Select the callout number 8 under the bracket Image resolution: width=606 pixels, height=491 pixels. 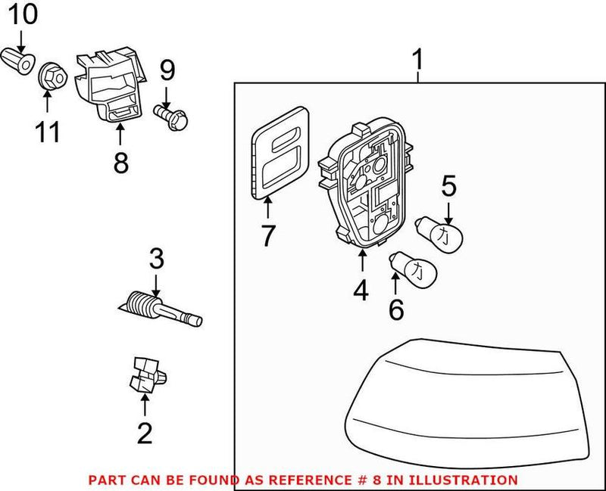click(x=120, y=162)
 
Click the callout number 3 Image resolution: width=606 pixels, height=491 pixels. click(x=156, y=259)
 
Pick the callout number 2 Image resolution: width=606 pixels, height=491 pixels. click(x=144, y=433)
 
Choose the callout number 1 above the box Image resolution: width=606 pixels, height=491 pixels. click(x=418, y=58)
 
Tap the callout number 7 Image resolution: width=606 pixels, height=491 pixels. click(x=267, y=235)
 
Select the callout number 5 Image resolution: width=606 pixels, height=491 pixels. click(x=448, y=185)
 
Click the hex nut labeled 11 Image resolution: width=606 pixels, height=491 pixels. click(x=50, y=74)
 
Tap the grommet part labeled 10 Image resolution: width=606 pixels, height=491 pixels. click(x=20, y=60)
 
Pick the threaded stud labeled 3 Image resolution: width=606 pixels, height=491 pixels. click(x=163, y=310)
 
